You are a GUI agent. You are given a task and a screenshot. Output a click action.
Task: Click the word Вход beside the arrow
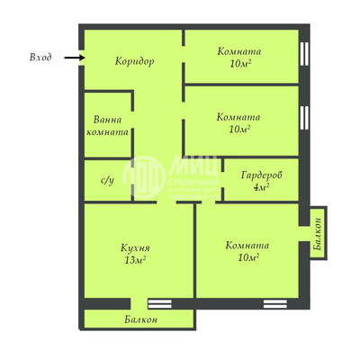(40, 58)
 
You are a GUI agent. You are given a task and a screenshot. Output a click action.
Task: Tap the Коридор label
(135, 61)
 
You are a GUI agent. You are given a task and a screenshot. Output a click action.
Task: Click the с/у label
(107, 180)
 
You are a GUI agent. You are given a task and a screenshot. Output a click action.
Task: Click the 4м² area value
(261, 188)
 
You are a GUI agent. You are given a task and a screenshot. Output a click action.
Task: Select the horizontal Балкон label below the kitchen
(141, 319)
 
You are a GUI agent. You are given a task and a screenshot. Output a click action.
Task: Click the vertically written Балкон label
(318, 233)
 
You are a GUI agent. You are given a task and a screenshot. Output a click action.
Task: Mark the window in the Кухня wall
(159, 303)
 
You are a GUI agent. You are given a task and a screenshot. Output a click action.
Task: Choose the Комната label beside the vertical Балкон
(247, 244)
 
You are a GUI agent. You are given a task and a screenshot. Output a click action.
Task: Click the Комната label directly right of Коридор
(238, 50)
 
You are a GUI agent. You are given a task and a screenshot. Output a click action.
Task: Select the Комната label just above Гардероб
(238, 116)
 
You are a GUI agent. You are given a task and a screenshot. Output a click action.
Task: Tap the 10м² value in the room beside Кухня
(247, 257)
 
